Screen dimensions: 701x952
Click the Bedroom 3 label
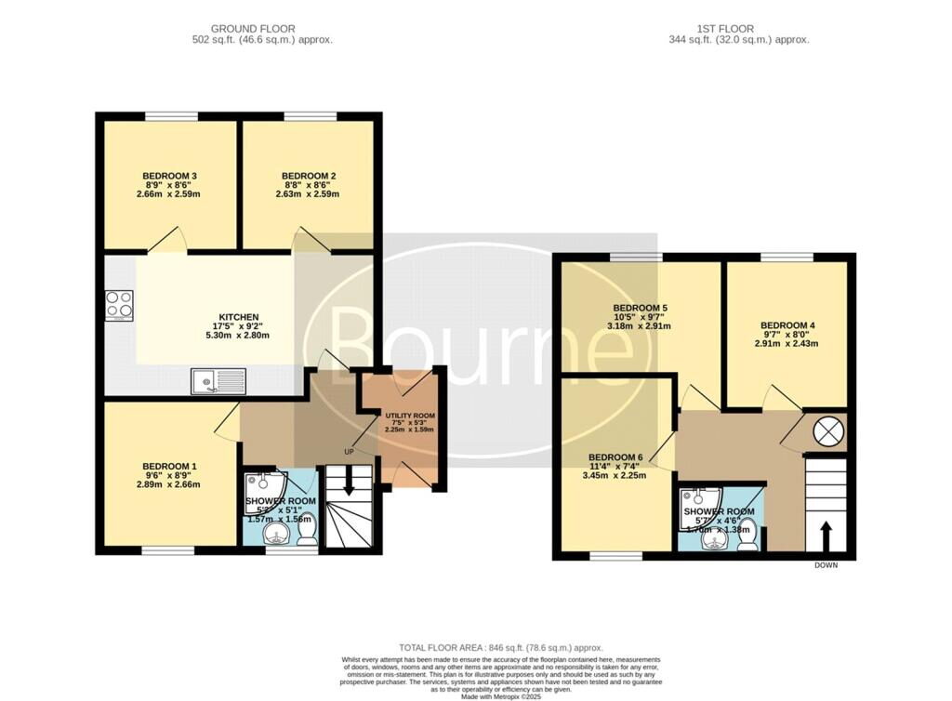pos(169,176)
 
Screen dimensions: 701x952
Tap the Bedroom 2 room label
pos(309,176)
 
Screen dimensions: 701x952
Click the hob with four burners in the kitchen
pos(119,304)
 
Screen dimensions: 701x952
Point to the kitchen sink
pos(218,381)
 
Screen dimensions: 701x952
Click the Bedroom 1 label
pos(169,466)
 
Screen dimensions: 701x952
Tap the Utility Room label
pos(404,416)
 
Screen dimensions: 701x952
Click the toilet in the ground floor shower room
pos(309,531)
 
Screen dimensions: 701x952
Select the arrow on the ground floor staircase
pos(349,482)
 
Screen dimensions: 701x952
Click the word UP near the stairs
pos(349,452)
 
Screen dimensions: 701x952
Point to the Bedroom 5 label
pos(641,308)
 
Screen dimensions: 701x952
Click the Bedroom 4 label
pos(786,325)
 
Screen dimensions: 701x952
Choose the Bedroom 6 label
pos(615,456)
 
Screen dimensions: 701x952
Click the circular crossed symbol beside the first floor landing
pos(826,430)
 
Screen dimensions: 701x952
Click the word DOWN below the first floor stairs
pos(826,565)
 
